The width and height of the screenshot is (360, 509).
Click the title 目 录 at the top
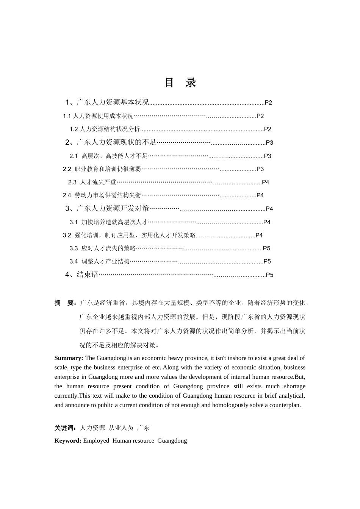click(180, 83)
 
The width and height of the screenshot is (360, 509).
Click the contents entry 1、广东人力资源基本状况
click(107, 102)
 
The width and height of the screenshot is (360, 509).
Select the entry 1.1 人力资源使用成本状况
click(98, 116)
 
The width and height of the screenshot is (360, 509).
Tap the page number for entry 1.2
click(268, 129)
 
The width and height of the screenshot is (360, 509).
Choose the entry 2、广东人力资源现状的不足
click(111, 142)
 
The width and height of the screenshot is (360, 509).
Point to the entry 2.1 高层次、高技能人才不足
click(108, 156)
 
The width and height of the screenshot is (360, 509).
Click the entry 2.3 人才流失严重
click(92, 182)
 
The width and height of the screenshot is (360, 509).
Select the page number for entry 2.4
click(260, 195)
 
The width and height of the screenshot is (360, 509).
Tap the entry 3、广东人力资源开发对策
click(107, 209)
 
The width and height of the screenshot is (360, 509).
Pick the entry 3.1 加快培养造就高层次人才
click(108, 222)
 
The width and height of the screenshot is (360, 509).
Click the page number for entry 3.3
click(266, 248)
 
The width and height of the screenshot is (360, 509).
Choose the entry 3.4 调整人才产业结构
click(100, 261)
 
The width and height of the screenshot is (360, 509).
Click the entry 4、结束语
click(82, 275)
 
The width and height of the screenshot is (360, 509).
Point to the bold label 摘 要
click(65, 303)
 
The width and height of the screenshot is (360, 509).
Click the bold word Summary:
click(69, 358)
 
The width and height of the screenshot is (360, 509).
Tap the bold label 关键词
click(65, 428)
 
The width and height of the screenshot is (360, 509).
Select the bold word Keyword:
click(68, 441)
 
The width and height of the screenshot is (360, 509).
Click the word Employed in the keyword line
click(96, 441)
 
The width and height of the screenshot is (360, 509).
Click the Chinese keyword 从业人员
click(121, 428)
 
